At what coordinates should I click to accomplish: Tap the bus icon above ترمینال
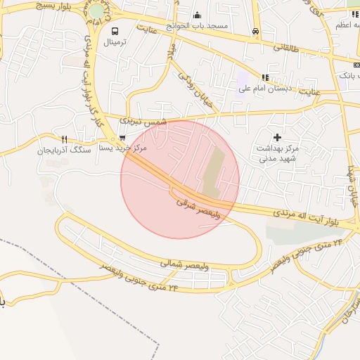115,31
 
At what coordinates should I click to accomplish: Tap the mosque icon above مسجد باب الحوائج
197,15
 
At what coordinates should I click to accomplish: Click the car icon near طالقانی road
255,32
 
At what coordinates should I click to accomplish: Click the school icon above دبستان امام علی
265,77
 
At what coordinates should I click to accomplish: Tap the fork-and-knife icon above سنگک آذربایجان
65,139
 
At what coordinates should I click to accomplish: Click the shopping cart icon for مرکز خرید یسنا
123,138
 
